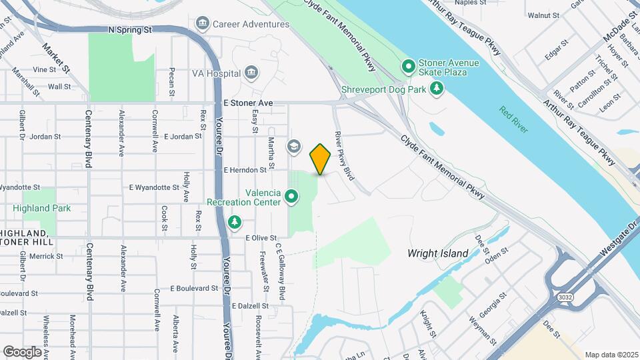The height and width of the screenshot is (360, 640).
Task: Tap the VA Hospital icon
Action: coord(251,73)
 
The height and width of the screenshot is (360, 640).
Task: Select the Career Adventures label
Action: coord(251,24)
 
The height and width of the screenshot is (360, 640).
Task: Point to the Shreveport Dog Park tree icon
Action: coord(437,88)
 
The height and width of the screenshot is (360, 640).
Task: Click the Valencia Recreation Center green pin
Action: coord(291,197)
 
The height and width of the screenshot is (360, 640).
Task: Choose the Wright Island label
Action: coord(439,253)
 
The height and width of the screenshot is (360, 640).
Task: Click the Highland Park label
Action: coord(41,208)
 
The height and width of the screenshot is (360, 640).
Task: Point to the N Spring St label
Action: coord(131,30)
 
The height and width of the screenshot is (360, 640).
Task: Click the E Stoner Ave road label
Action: coord(249,103)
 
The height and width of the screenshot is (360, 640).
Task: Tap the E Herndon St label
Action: coord(245,170)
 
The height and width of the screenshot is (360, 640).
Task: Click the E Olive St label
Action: coord(261,237)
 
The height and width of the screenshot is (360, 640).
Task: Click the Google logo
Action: coord(22,351)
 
